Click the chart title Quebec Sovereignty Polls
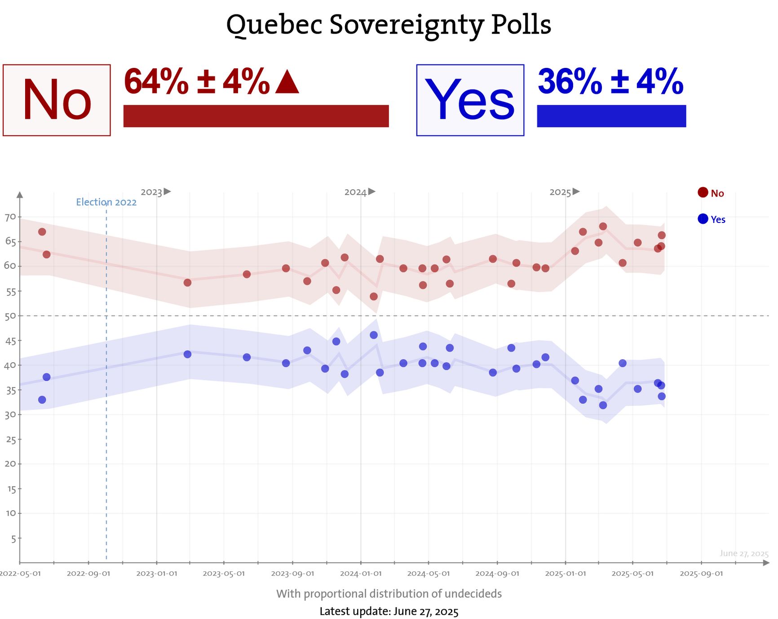point(389,25)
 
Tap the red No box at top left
point(57,100)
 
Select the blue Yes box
point(470,100)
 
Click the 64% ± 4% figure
point(197,82)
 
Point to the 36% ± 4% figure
point(610,82)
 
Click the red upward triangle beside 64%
point(287,83)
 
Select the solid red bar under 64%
point(256,116)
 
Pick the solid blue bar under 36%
point(611,116)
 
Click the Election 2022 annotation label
point(106,202)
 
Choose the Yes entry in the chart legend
point(712,219)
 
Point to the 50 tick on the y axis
point(10,316)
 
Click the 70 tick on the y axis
point(10,217)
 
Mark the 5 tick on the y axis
point(13,539)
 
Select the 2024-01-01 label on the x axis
point(361,574)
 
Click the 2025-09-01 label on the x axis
point(701,574)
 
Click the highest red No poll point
point(603,227)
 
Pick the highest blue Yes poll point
point(374,335)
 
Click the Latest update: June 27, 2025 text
point(389,611)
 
